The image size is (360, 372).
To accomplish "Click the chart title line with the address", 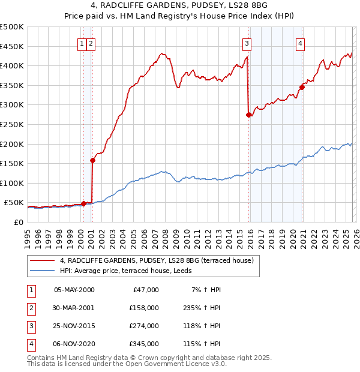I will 180,6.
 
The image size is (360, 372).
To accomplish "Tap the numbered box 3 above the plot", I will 247,43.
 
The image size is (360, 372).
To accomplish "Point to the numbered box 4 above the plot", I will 299,43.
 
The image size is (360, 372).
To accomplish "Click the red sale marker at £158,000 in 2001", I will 93,160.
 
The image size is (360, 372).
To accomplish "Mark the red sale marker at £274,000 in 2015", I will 248,115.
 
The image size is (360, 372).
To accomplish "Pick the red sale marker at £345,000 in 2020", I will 302,87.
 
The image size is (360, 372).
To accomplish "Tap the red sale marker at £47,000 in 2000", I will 83,203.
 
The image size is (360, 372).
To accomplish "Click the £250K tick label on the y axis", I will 12,124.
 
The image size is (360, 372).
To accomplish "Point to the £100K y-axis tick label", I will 12,183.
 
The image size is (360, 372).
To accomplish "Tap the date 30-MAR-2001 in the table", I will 74,308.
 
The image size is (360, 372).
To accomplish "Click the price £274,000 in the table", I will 144,326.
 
